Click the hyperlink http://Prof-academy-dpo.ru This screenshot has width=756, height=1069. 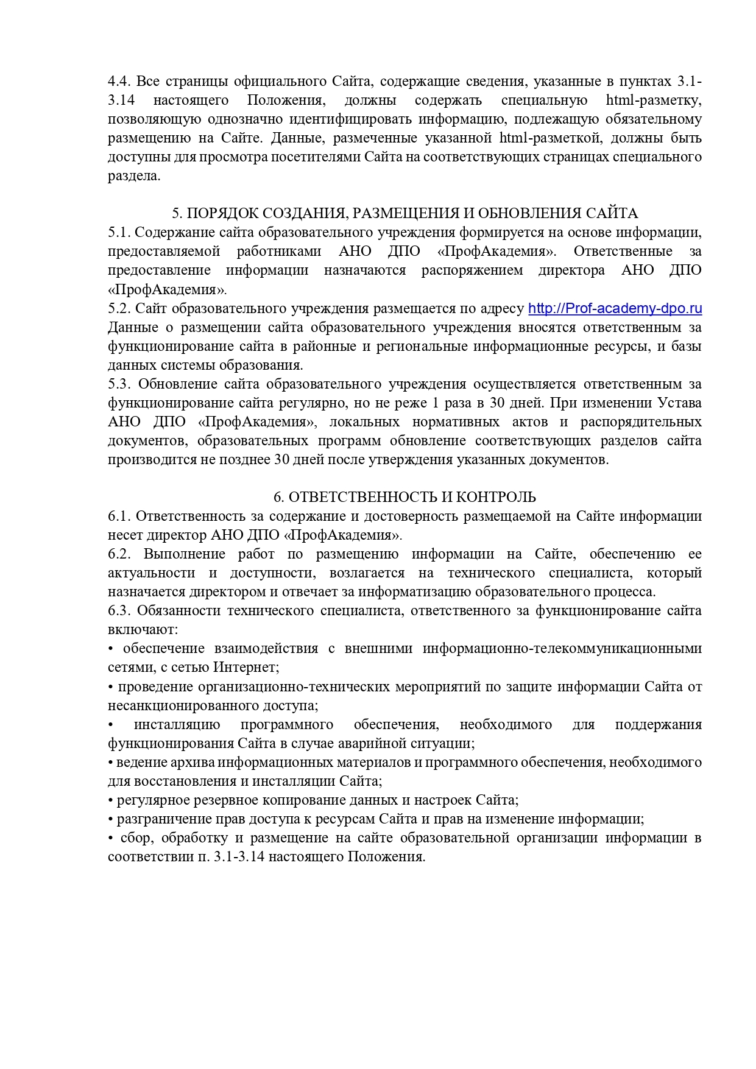click(x=615, y=309)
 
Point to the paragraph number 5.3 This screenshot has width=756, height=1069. click(x=119, y=384)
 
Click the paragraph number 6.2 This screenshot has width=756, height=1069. click(x=119, y=554)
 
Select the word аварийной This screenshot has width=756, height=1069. click(x=378, y=744)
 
